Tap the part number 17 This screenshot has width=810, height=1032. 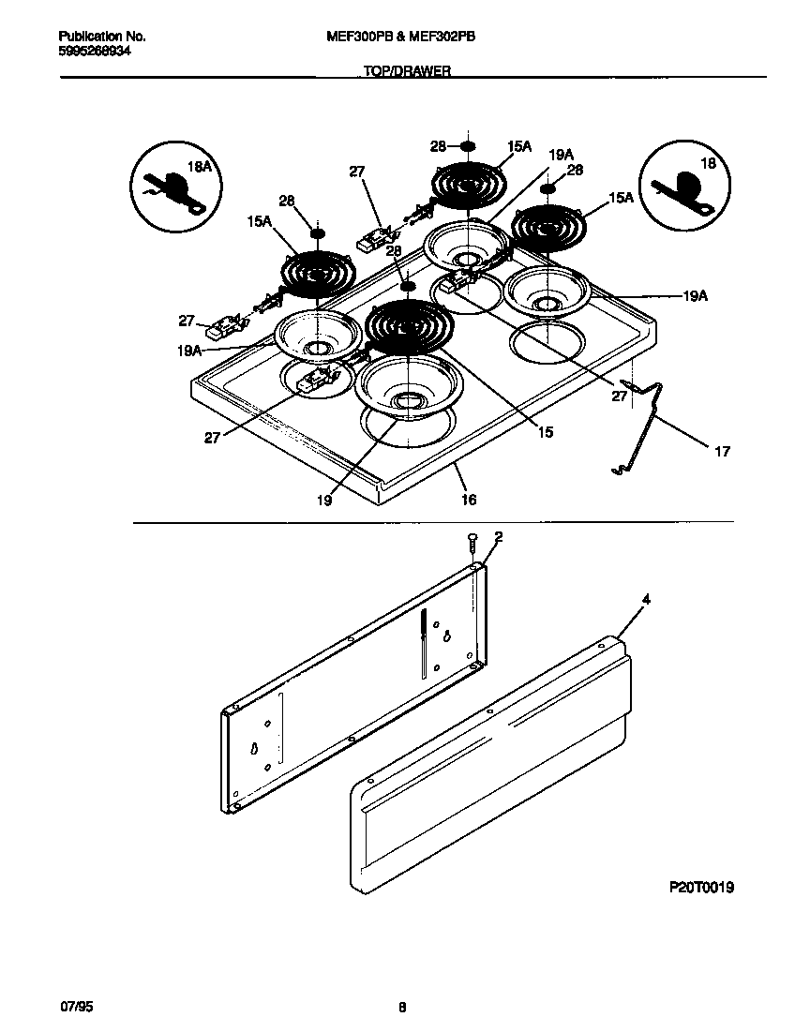pyautogui.click(x=722, y=452)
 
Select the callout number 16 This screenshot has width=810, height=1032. pyautogui.click(x=469, y=500)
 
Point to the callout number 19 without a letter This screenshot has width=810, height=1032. pyautogui.click(x=323, y=501)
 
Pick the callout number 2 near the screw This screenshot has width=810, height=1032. pyautogui.click(x=498, y=537)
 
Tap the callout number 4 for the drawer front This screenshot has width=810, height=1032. pyautogui.click(x=646, y=599)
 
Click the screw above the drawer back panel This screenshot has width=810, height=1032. pyautogui.click(x=472, y=543)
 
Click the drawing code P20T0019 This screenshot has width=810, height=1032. pyautogui.click(x=701, y=887)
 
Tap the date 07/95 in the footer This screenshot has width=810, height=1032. pyautogui.click(x=77, y=1008)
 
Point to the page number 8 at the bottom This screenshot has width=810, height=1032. pyautogui.click(x=402, y=1009)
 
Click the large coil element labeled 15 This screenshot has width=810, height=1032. pyautogui.click(x=409, y=325)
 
